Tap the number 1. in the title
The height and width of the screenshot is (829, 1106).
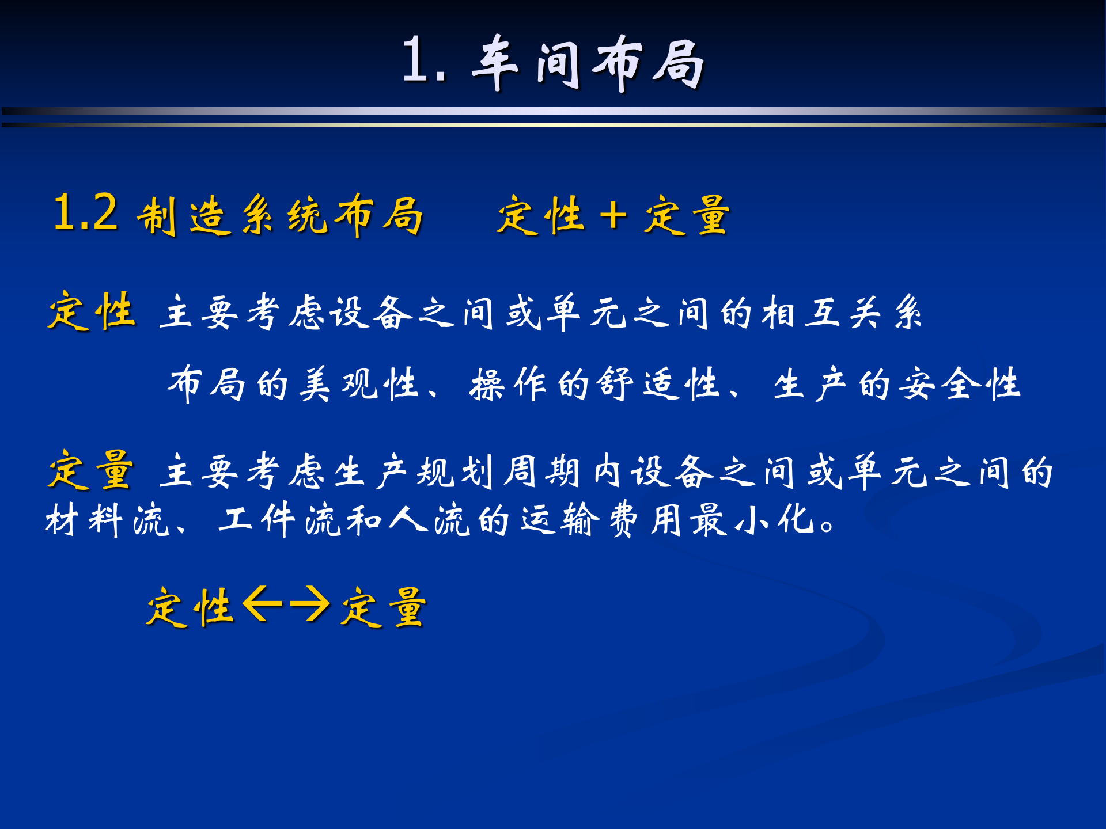[x=424, y=60]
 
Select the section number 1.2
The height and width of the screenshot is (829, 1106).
[x=85, y=213]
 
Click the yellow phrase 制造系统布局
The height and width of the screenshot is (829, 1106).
[x=280, y=215]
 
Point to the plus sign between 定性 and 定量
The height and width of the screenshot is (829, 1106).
[x=613, y=216]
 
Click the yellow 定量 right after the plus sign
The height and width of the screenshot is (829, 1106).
[x=687, y=215]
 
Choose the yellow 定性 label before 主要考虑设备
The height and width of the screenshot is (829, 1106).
[x=92, y=311]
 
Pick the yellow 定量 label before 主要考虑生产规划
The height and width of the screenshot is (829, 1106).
[x=91, y=470]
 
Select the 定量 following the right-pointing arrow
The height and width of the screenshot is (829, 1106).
[x=383, y=607]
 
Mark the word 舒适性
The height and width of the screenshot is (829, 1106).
[x=658, y=384]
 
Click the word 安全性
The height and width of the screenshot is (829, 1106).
[x=960, y=384]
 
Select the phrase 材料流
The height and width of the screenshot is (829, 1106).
[x=107, y=520]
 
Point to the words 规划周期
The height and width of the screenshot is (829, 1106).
[x=498, y=471]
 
